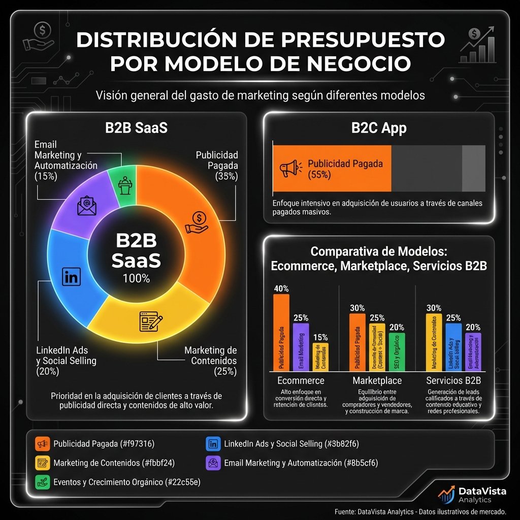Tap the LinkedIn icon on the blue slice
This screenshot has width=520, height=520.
coord(71,277)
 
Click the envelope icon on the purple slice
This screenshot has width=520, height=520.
coord(86,205)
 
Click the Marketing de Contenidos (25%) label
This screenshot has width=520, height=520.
coord(210,361)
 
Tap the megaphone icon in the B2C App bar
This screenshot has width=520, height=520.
coord(290,169)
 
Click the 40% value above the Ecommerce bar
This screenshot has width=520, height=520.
coord(281,288)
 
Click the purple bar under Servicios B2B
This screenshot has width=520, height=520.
coord(473,351)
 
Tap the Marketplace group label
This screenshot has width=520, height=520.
coord(377,380)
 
